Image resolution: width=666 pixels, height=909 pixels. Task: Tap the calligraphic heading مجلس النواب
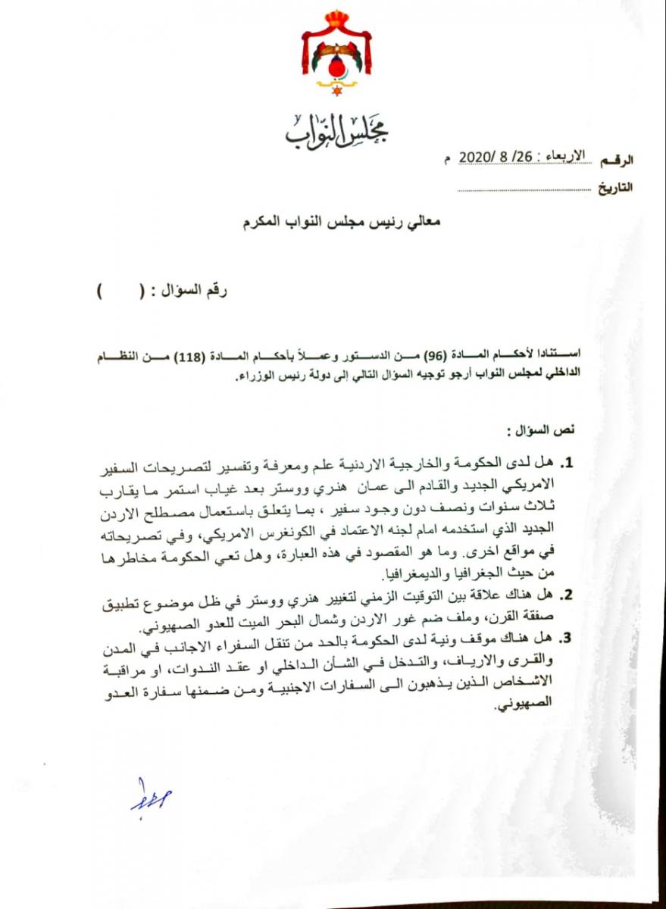tap(336, 132)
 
